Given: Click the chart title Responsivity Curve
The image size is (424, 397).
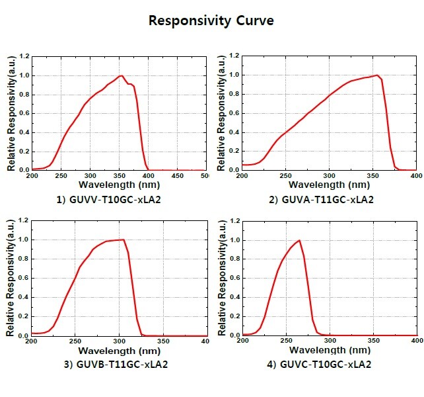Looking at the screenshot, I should [211, 21].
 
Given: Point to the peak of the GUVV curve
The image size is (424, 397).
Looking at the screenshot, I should [122, 75].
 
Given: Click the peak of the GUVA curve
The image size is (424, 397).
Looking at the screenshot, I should [377, 75].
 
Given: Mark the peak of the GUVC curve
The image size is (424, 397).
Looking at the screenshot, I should [299, 240].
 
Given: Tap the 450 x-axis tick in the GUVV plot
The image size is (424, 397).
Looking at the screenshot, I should [178, 176].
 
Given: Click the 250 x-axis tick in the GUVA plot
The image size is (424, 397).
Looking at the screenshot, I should [285, 176].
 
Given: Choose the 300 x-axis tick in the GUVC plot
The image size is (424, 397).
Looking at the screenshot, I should [329, 341].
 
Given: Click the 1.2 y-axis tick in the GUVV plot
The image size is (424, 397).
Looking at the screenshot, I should [25, 57].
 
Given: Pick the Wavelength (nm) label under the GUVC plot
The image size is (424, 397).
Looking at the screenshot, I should [330, 351].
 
